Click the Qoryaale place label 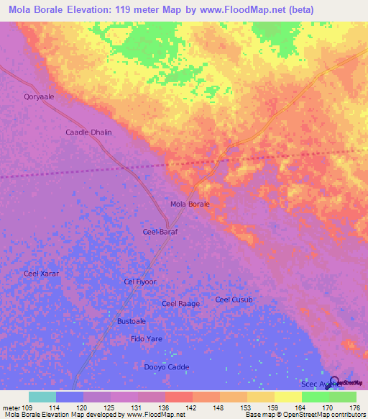coord(39,96)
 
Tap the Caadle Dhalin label coord(89,132)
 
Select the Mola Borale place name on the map coord(190,204)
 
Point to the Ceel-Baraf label coord(160,232)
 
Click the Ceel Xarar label coord(41,274)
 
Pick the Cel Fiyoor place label coord(140,281)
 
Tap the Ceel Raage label coord(180,304)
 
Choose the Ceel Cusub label coord(234,299)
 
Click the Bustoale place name coord(132,321)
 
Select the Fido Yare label coord(147,338)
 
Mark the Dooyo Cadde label coord(166,367)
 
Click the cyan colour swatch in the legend coord(42,397)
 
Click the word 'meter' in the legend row coord(11,407)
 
